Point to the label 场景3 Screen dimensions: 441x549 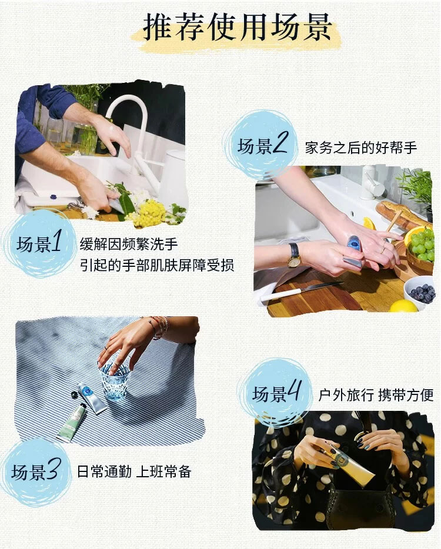(x=36, y=471)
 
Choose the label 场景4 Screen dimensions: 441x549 (x=276, y=393)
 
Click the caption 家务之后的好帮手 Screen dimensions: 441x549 (x=361, y=148)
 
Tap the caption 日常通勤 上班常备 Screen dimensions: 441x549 (x=134, y=471)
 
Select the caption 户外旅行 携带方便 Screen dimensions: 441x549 (x=376, y=396)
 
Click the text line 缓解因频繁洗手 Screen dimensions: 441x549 (x=129, y=244)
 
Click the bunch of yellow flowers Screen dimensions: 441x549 (x=148, y=213)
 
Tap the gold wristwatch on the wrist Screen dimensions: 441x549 (x=294, y=256)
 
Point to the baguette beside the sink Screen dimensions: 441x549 (x=403, y=215)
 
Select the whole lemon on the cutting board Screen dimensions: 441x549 (x=403, y=307)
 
